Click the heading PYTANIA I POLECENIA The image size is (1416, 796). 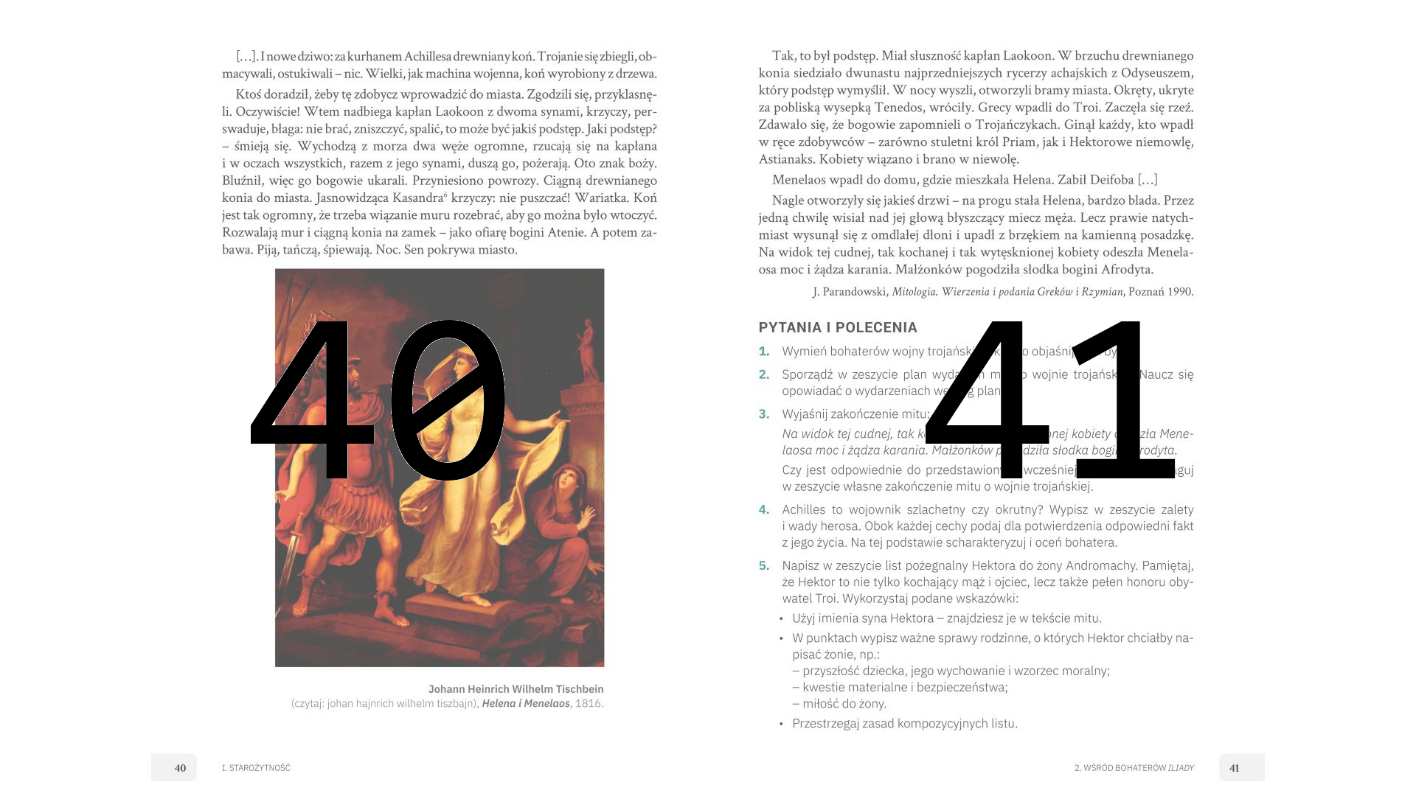click(838, 327)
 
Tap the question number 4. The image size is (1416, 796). click(764, 509)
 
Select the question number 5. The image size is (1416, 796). click(764, 565)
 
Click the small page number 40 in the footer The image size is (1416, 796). click(180, 768)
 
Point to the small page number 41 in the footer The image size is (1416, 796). click(1235, 768)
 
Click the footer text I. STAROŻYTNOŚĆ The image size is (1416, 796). click(256, 768)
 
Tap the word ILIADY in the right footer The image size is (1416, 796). click(1181, 768)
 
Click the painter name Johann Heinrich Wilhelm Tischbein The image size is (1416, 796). click(516, 689)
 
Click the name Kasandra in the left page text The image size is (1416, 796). click(417, 198)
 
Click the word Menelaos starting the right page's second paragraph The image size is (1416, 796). click(799, 179)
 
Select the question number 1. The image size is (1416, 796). click(764, 352)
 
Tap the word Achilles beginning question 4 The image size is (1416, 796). click(805, 509)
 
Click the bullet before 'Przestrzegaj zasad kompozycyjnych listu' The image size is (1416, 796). click(781, 724)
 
